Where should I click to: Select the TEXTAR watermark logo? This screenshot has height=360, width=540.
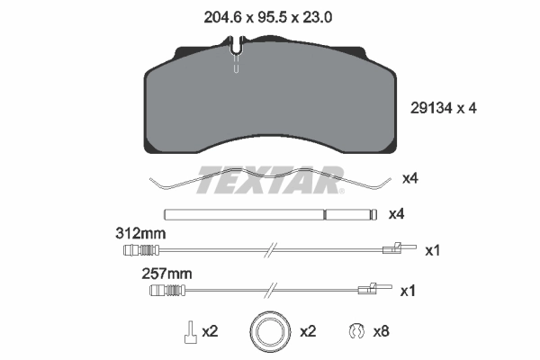(270, 179)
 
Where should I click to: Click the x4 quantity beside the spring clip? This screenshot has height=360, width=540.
(409, 178)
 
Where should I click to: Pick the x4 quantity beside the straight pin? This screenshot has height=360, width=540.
(396, 215)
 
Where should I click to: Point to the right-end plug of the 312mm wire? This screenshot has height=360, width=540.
(394, 251)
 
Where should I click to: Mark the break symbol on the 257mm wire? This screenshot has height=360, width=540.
(271, 289)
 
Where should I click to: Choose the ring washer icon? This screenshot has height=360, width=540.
(270, 332)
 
